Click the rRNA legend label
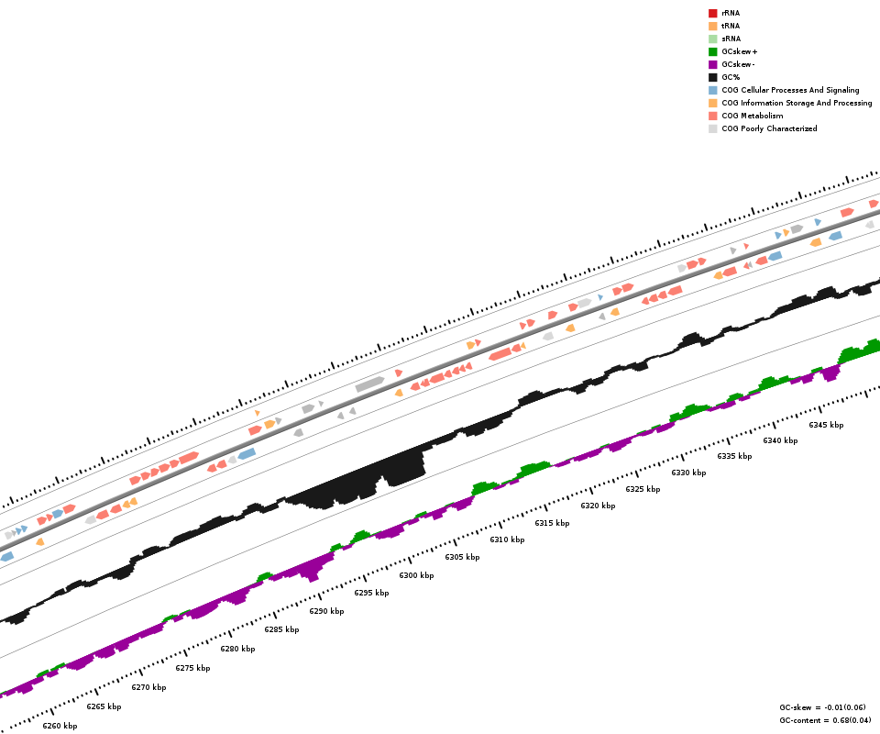(x=731, y=13)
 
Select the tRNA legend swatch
(x=712, y=26)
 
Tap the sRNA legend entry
(x=731, y=39)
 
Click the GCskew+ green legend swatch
(x=712, y=51)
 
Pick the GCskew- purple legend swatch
(x=712, y=64)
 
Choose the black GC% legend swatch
(x=712, y=77)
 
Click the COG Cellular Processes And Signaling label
(x=790, y=90)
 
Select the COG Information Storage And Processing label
(x=797, y=103)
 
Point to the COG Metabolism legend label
(x=752, y=116)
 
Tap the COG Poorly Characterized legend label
(x=769, y=128)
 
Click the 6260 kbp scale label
(x=60, y=726)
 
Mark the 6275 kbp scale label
(x=192, y=668)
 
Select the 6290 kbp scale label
(x=326, y=611)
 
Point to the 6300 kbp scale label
(x=416, y=575)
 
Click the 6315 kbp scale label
(x=552, y=523)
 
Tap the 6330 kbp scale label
(x=688, y=473)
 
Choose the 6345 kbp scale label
(x=826, y=425)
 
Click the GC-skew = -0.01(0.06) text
(x=821, y=707)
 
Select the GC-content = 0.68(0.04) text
(x=821, y=720)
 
